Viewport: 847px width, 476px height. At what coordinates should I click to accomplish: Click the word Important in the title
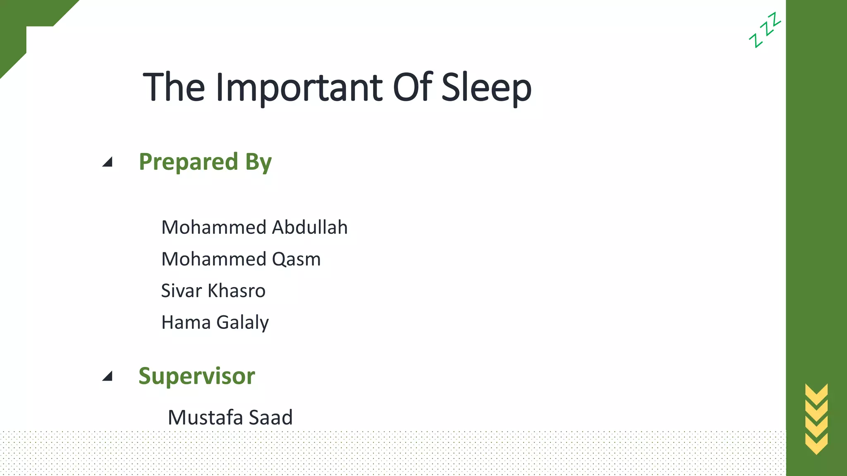pyautogui.click(x=299, y=88)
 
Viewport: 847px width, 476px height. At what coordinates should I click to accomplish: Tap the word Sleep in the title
pyautogui.click(x=486, y=88)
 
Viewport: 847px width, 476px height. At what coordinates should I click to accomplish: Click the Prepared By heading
pyautogui.click(x=205, y=162)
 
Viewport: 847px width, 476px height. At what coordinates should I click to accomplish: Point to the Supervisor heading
pyautogui.click(x=196, y=376)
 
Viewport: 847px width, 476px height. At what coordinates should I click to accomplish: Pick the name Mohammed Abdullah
pyautogui.click(x=254, y=227)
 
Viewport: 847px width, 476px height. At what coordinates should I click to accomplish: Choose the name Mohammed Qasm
pyautogui.click(x=241, y=259)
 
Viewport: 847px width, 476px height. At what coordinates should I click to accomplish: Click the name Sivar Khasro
pyautogui.click(x=213, y=290)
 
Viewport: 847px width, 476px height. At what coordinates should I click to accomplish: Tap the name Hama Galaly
pyautogui.click(x=215, y=322)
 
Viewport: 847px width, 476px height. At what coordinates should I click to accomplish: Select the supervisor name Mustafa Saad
pyautogui.click(x=230, y=417)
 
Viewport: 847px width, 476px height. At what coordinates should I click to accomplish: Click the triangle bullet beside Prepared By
pyautogui.click(x=108, y=162)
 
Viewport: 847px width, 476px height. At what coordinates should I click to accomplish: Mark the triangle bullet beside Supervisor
pyautogui.click(x=108, y=376)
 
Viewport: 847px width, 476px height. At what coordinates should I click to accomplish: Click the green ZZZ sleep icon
pyautogui.click(x=765, y=30)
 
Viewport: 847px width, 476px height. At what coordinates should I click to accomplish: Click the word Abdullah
pyautogui.click(x=310, y=227)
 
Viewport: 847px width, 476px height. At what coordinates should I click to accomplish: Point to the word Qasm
pyautogui.click(x=296, y=259)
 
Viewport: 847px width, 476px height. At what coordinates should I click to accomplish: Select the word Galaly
pyautogui.click(x=242, y=323)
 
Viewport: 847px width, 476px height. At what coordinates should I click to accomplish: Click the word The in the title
pyautogui.click(x=174, y=87)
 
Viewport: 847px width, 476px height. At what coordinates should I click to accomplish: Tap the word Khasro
pyautogui.click(x=236, y=290)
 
